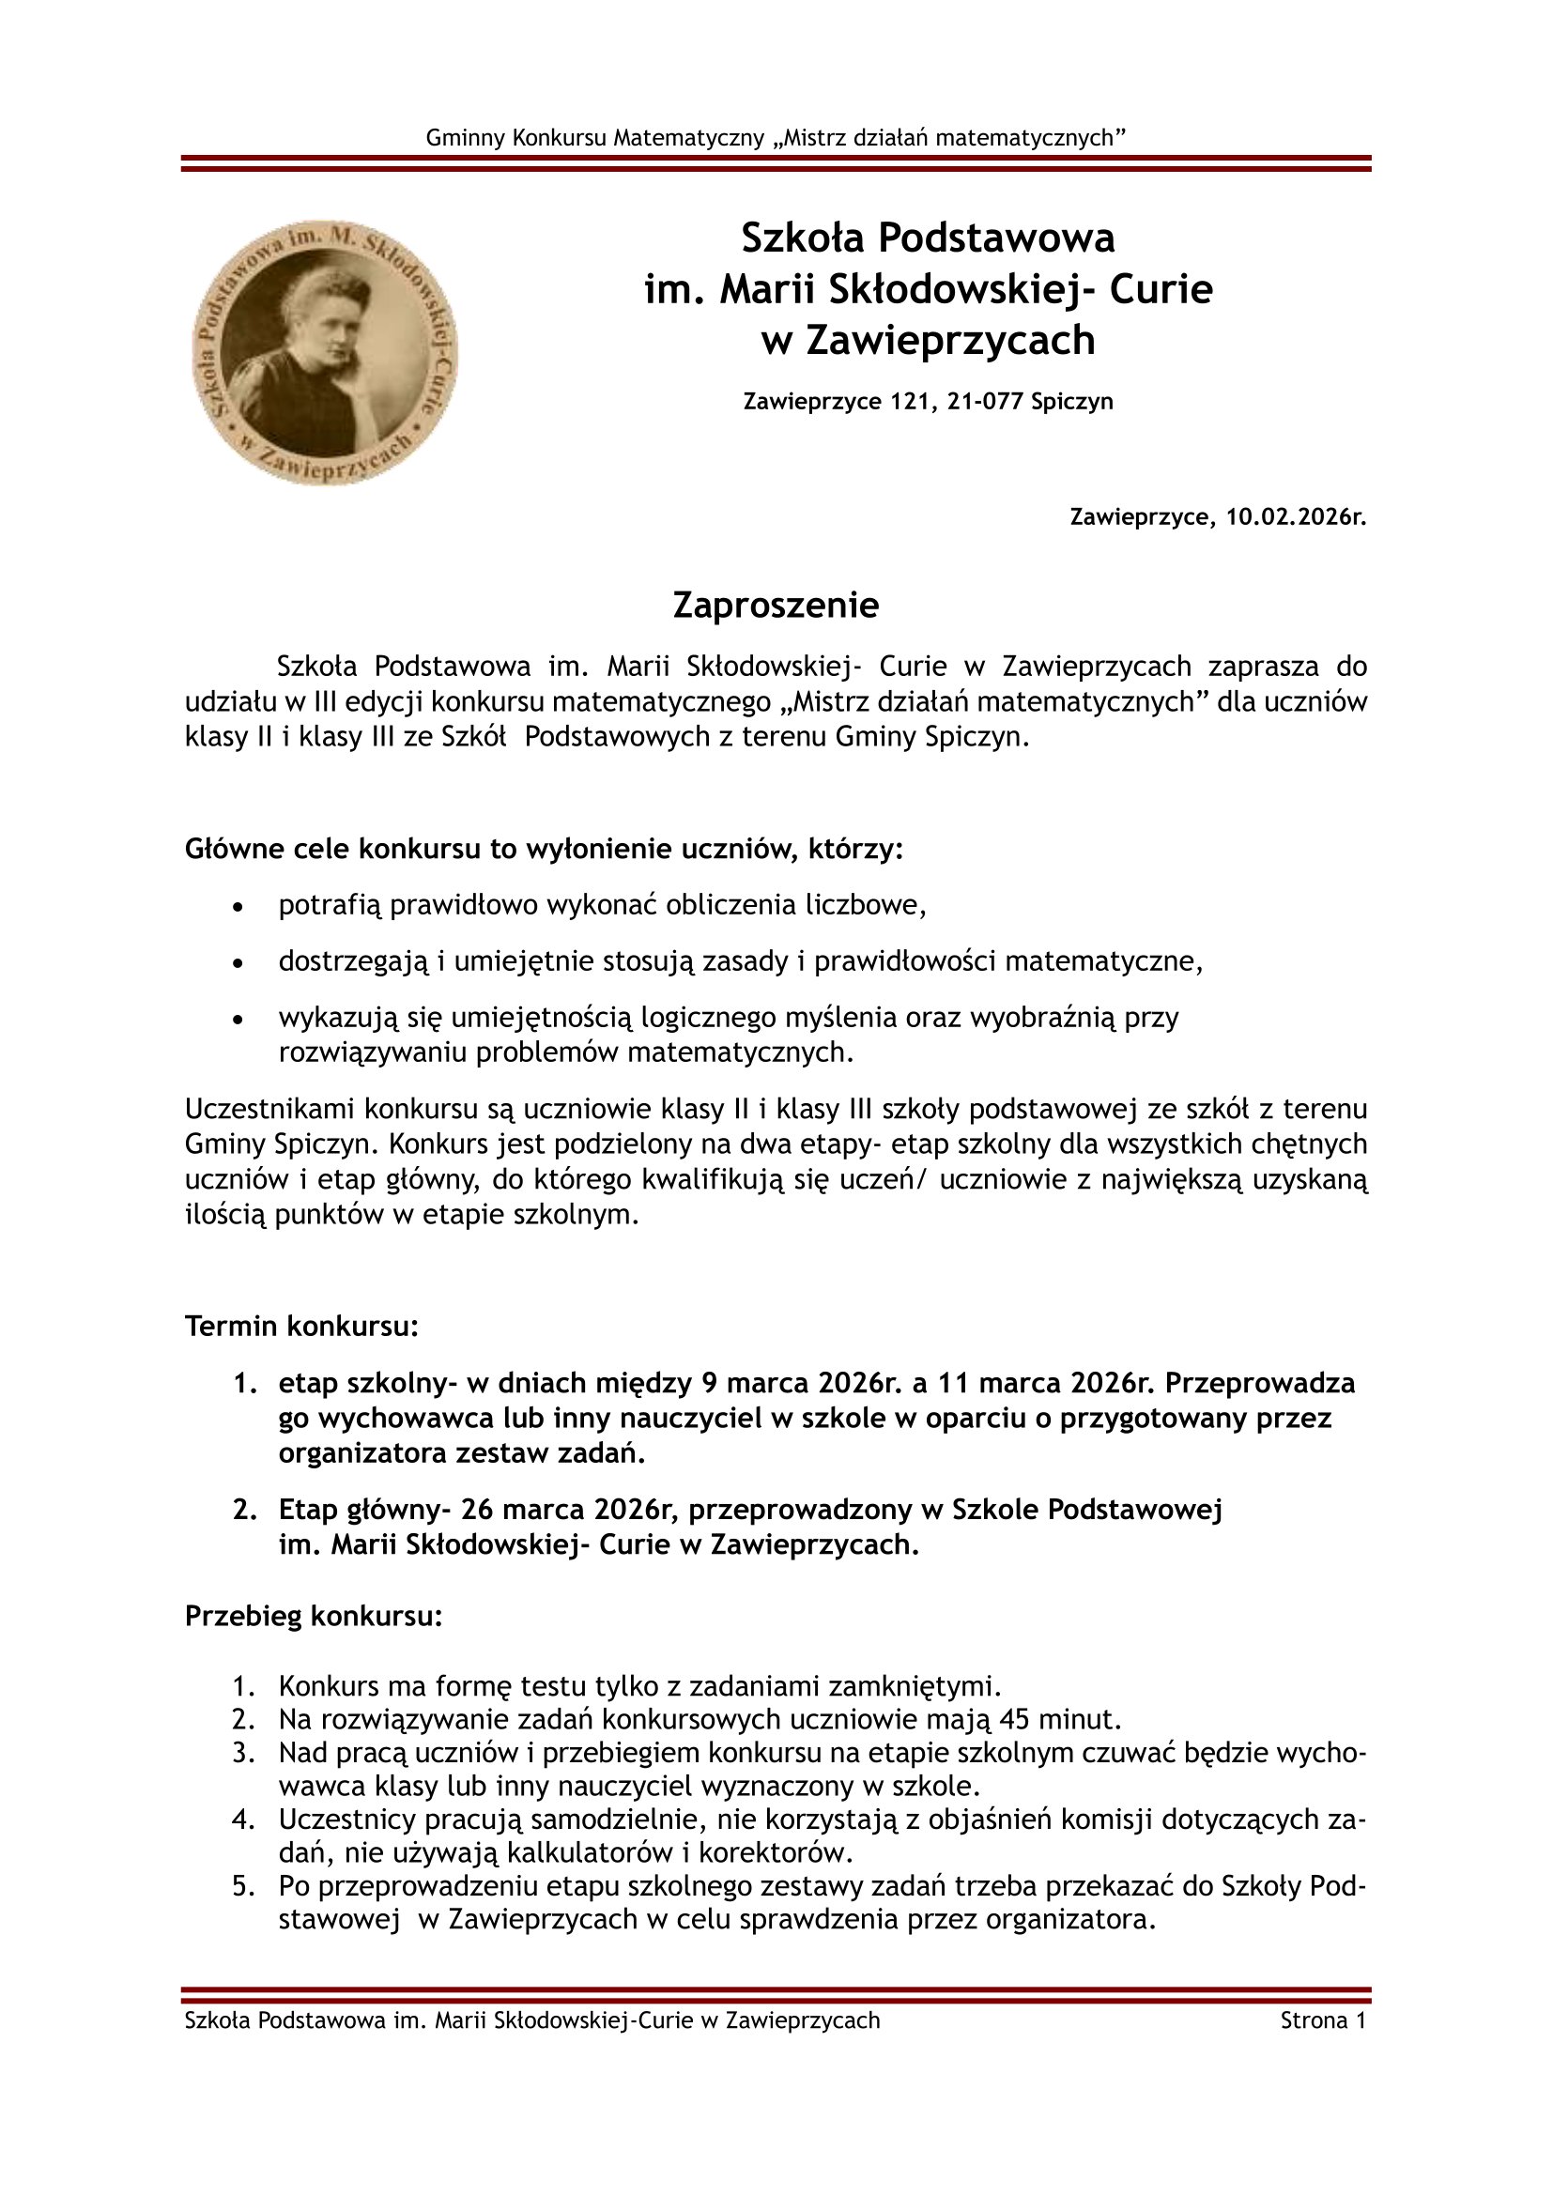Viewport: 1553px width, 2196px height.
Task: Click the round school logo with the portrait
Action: click(325, 352)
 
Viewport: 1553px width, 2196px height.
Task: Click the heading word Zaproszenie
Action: click(776, 606)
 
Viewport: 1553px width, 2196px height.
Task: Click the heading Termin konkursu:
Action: click(301, 1327)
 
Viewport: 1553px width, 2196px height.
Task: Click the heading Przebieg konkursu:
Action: click(314, 1616)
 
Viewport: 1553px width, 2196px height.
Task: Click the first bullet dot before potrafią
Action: click(238, 906)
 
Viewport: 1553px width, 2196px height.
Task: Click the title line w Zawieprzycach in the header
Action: click(928, 341)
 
